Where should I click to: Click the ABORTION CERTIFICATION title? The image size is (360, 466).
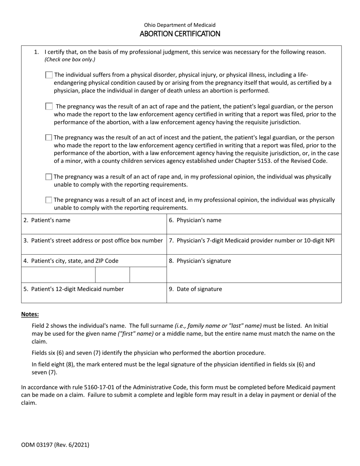pyautogui.click(x=180, y=34)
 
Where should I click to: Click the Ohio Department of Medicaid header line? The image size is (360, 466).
pyautogui.click(x=180, y=25)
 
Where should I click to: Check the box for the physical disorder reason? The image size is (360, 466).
pyautogui.click(x=49, y=75)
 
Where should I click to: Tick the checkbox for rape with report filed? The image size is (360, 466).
pyautogui.click(x=49, y=106)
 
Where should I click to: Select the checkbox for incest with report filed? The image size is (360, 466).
pyautogui.click(x=49, y=138)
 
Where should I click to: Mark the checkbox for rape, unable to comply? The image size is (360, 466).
pyautogui.click(x=49, y=177)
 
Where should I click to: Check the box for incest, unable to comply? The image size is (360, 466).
pyautogui.click(x=49, y=200)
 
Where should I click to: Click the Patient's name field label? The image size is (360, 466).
pyautogui.click(x=47, y=220)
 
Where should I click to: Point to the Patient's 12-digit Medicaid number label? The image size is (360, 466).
pyautogui.click(x=74, y=289)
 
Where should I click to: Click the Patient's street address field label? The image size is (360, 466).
pyautogui.click(x=93, y=240)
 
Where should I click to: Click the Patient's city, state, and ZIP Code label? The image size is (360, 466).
pyautogui.click(x=71, y=261)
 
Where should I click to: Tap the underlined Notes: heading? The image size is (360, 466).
pyautogui.click(x=30, y=314)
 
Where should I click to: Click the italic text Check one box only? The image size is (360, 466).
pyautogui.click(x=70, y=59)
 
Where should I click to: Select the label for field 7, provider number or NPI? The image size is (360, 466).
pyautogui.click(x=252, y=240)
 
